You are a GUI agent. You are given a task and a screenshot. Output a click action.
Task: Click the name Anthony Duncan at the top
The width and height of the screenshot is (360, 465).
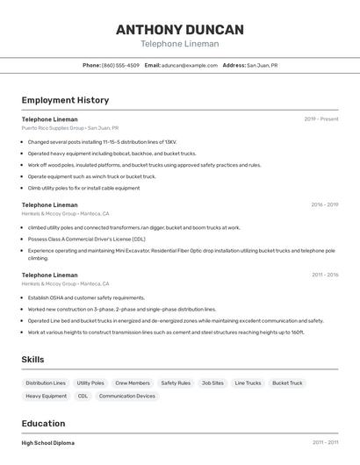click(x=179, y=29)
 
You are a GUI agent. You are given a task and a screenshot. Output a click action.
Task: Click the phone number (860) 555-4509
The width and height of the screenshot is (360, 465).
click(x=120, y=65)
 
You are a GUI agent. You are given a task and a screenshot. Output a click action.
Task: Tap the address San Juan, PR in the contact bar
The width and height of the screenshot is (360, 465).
click(x=262, y=65)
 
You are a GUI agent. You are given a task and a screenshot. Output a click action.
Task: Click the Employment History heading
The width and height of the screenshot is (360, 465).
click(x=65, y=100)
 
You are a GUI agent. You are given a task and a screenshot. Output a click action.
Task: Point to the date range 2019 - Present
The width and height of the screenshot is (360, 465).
click(x=321, y=119)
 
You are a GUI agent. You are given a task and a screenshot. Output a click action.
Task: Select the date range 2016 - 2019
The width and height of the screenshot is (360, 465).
click(x=324, y=205)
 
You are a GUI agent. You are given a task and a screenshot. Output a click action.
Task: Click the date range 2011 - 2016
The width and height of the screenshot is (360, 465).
click(x=325, y=275)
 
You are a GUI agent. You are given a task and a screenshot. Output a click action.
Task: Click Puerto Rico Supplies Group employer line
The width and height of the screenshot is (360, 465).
click(x=70, y=127)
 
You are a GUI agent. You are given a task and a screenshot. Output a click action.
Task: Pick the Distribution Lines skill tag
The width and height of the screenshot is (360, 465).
click(x=46, y=383)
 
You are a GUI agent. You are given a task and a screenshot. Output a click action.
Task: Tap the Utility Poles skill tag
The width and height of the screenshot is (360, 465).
click(x=90, y=383)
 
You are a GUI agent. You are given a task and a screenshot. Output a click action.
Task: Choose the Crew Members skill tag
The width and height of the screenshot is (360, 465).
click(x=133, y=383)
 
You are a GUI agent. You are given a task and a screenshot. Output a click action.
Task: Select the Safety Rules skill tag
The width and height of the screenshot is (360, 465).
click(x=176, y=383)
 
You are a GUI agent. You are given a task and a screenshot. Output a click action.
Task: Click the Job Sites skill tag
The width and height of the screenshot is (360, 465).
click(x=212, y=383)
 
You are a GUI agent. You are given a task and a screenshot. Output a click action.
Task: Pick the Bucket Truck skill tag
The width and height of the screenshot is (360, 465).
click(x=287, y=383)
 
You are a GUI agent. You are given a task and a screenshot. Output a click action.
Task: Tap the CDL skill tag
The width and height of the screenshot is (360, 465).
click(x=83, y=397)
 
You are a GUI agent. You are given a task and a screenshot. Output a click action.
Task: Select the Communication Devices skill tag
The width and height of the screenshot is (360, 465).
click(x=127, y=397)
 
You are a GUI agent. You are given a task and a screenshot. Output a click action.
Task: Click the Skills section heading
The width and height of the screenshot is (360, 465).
click(x=32, y=360)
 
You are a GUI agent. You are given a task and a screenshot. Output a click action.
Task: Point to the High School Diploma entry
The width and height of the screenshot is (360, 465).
click(x=48, y=443)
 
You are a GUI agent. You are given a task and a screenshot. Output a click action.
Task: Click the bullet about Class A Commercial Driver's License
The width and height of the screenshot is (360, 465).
click(x=86, y=239)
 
